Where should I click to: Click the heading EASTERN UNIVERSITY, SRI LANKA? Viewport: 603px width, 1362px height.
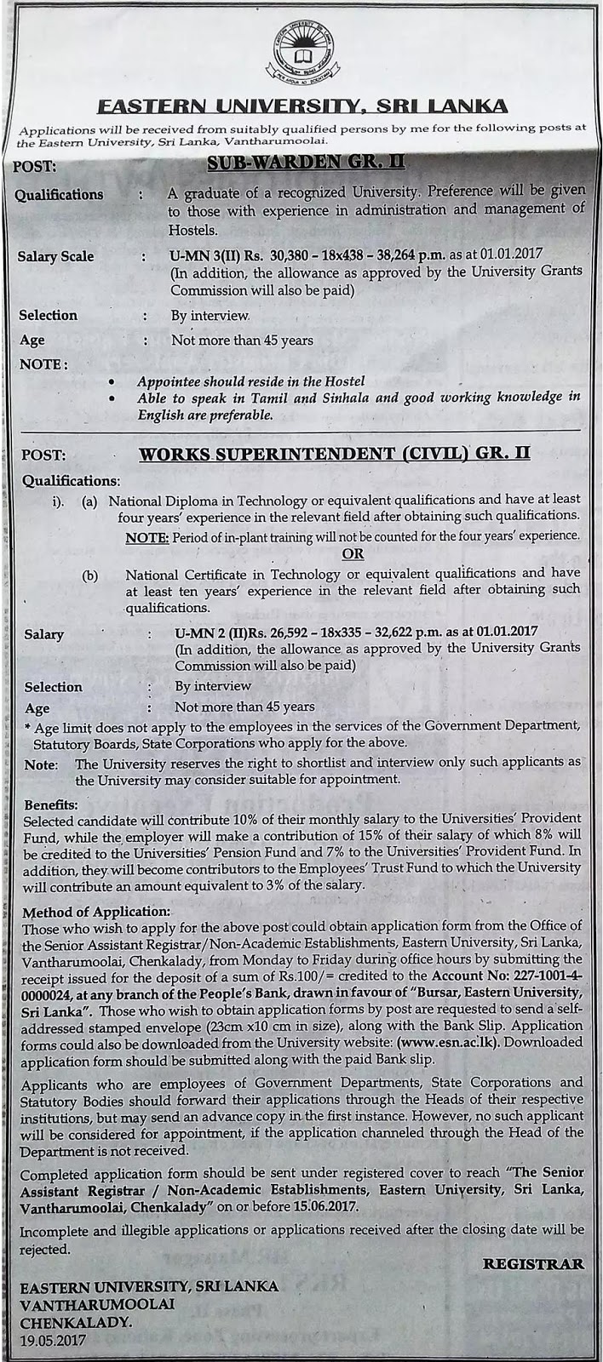click(302, 106)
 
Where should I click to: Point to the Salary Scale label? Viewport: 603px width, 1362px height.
click(56, 256)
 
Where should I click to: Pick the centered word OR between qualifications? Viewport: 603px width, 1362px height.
click(353, 553)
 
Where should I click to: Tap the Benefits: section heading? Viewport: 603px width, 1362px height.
click(50, 804)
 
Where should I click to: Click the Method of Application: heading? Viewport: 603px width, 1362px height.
click(97, 910)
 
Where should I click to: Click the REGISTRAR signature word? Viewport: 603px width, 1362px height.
click(533, 1264)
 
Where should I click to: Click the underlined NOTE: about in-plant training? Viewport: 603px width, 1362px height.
click(146, 536)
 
